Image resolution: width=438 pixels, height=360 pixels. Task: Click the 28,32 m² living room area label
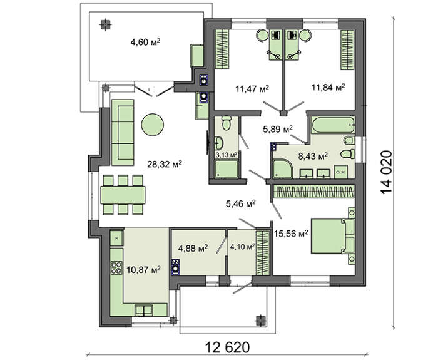pos(165,164)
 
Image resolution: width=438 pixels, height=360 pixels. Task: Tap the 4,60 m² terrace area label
pos(145,42)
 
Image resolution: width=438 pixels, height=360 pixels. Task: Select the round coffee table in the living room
pos(152,125)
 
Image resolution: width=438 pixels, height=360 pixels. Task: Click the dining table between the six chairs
pos(123,195)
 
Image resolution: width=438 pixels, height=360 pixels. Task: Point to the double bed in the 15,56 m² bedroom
pos(333,236)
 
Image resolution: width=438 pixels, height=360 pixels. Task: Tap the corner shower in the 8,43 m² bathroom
pos(282,168)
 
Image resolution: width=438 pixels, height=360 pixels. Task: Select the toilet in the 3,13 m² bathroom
pos(227,123)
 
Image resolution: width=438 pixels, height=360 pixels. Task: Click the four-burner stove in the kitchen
pos(116,267)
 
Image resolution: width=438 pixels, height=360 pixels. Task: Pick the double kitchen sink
pos(143,310)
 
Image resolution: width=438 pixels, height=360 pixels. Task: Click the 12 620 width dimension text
pos(227,347)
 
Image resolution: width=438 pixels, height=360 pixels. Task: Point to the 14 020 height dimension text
pos(386,172)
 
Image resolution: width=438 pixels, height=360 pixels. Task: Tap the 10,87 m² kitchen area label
pos(143,270)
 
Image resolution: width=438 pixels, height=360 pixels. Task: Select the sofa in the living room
pos(123,132)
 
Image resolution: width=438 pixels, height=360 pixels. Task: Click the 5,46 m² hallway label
pos(241,203)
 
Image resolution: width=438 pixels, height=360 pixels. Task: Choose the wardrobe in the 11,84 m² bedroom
pos(347,49)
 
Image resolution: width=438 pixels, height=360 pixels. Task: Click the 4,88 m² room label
pos(193,248)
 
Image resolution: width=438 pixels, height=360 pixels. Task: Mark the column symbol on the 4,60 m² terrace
pos(105,25)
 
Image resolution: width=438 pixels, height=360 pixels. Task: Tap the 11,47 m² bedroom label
pos(252,89)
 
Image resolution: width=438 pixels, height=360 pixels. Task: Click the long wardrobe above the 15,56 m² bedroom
pos(313,191)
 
